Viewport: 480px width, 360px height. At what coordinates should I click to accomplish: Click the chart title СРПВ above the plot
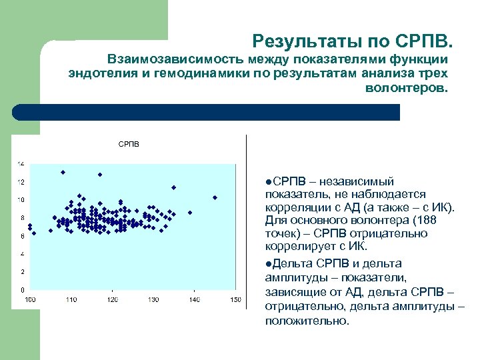[129, 144]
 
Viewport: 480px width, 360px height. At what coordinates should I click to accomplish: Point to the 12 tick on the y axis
[21, 182]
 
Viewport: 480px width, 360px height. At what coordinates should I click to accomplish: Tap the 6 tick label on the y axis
[21, 236]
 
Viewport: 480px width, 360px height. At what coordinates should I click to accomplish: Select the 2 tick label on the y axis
[21, 272]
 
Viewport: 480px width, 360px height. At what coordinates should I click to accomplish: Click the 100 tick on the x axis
[31, 300]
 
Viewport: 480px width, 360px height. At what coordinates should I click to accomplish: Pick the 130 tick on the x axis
[153, 300]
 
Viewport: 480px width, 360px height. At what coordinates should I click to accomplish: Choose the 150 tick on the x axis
[235, 300]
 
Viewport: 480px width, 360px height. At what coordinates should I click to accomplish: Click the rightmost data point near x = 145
[215, 197]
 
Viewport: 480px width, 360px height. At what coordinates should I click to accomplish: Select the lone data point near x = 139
[190, 213]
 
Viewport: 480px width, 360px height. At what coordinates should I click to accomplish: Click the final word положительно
[306, 321]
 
